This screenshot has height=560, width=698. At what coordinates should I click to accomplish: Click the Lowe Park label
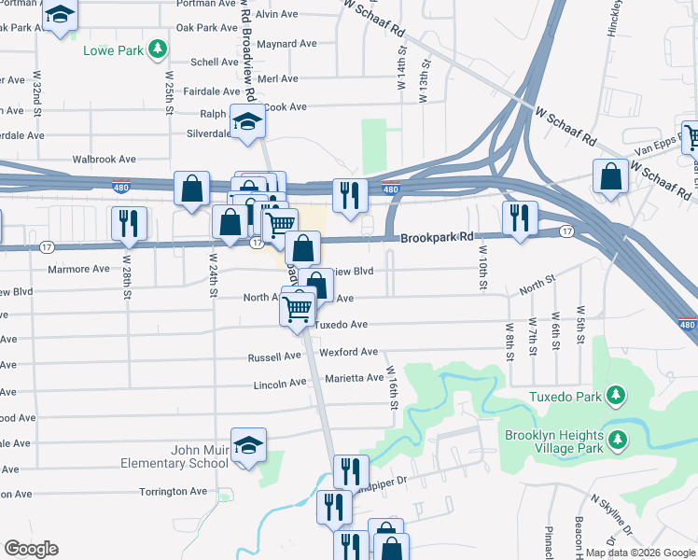click(x=113, y=49)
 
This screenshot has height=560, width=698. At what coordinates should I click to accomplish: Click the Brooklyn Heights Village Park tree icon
click(x=616, y=438)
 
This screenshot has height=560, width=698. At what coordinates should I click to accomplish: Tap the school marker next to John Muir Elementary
click(x=249, y=446)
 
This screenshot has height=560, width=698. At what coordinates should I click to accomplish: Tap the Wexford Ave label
click(x=348, y=353)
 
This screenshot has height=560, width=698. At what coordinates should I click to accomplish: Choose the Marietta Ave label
click(x=355, y=378)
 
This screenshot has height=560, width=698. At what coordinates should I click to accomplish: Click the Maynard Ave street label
click(x=288, y=44)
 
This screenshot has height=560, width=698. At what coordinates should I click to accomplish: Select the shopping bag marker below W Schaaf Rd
click(x=610, y=176)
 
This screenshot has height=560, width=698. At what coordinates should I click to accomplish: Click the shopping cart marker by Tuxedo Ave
click(x=298, y=308)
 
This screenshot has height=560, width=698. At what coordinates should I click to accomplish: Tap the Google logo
click(x=31, y=549)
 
